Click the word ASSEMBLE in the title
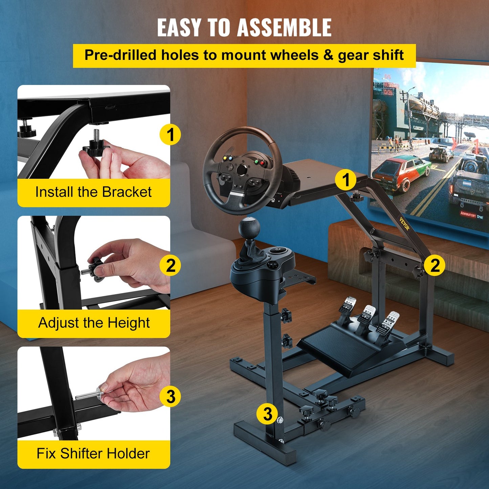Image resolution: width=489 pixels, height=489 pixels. tap(284, 28)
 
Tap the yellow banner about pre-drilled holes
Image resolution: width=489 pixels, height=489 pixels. tap(244, 55)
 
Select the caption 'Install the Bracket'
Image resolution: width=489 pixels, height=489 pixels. tap(93, 192)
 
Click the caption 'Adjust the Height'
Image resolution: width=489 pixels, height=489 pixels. tap(94, 323)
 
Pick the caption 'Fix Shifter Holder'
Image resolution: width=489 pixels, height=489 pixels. tap(93, 453)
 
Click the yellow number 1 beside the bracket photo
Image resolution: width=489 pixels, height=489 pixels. tap(170, 134)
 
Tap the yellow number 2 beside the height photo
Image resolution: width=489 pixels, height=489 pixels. tap(171, 265)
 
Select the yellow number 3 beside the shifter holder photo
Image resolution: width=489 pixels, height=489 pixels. tap(171, 396)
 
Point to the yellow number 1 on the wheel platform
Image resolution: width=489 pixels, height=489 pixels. tap(346, 180)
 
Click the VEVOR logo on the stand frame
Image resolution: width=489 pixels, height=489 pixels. tap(405, 224)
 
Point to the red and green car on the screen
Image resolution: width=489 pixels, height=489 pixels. tap(401, 173)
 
